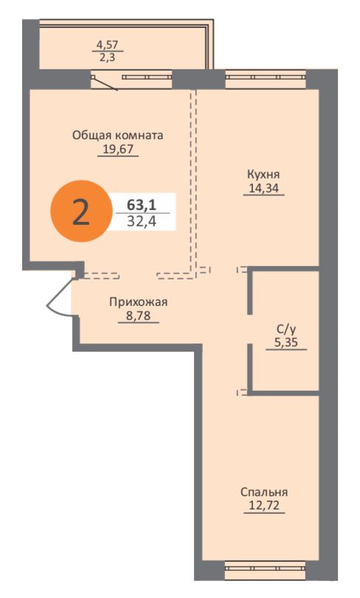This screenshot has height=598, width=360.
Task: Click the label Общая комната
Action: tap(117, 135)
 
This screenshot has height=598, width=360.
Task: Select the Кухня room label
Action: tap(263, 175)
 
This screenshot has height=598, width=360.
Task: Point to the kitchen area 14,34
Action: tap(263, 189)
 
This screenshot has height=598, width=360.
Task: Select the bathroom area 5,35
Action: tap(285, 343)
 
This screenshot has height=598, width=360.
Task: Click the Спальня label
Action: tap(263, 492)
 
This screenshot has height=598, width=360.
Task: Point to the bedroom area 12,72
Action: tap(263, 507)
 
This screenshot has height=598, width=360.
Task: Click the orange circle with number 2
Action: tap(79, 212)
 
